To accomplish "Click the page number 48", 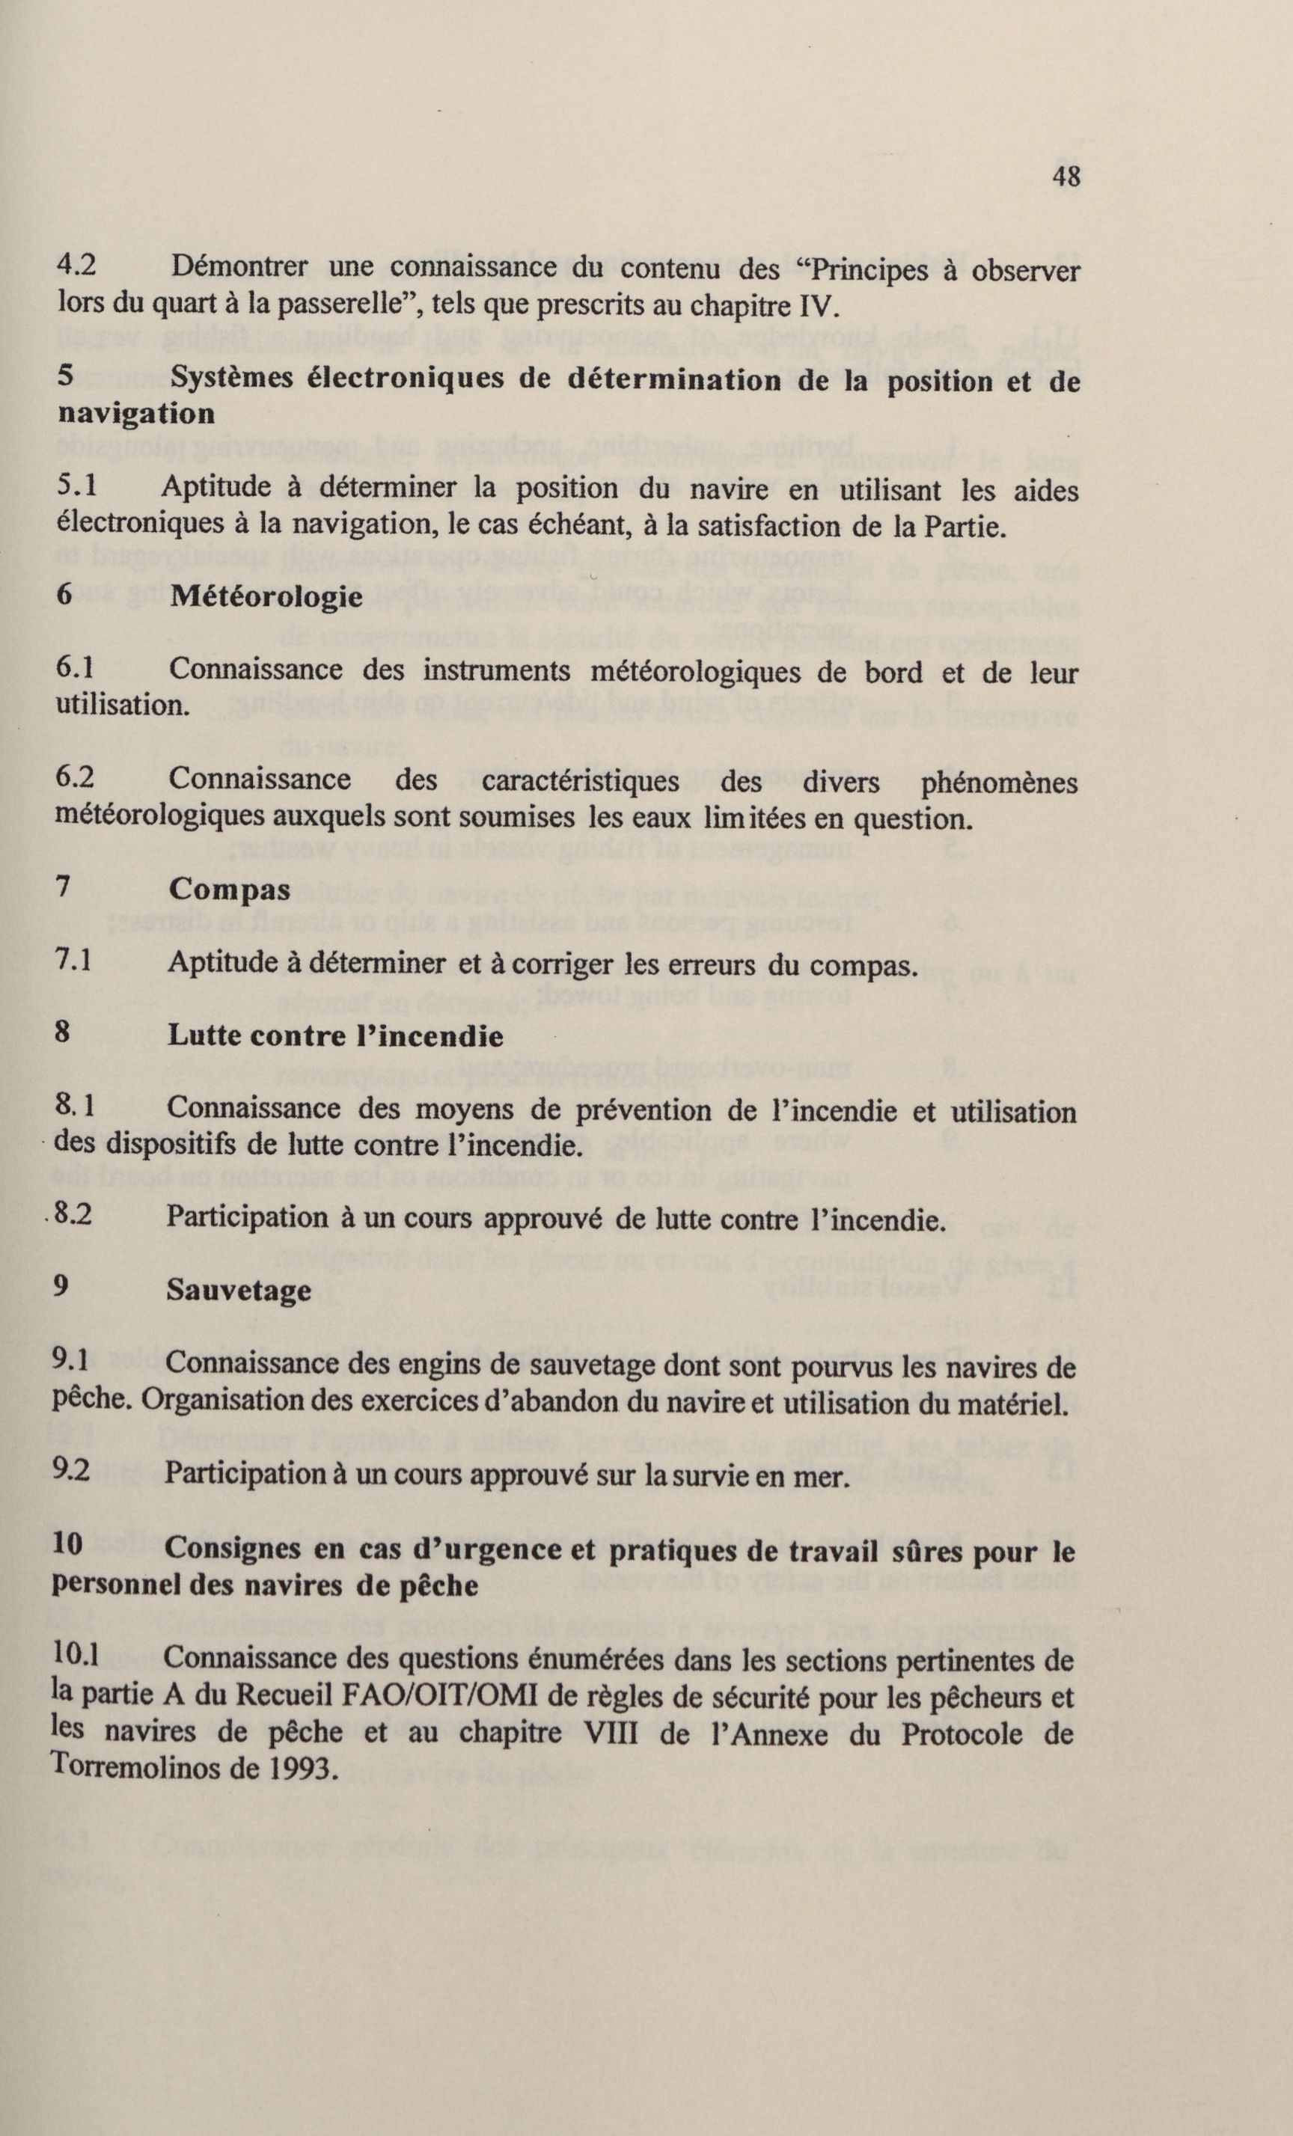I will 1066,177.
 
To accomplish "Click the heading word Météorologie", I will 266,597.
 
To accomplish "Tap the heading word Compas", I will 229,890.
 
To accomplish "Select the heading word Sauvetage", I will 239,1291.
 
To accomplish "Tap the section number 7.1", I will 74,961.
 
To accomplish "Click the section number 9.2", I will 72,1474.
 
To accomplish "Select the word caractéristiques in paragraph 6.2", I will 580,781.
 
